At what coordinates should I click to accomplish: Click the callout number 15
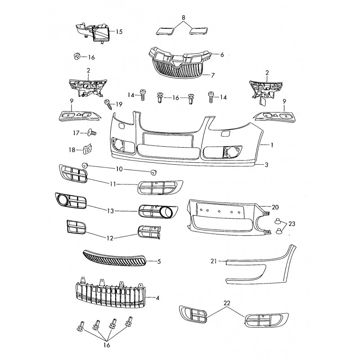coord(119,31)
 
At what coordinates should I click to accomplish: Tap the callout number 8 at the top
coord(183,18)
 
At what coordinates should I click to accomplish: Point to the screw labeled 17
coord(92,132)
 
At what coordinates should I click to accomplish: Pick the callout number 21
coord(214,261)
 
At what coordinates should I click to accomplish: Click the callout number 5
coord(159,261)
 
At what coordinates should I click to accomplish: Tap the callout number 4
coord(157,298)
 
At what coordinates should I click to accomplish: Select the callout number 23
coord(292,223)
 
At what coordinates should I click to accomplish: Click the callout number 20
coord(275,207)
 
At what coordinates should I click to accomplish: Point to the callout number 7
coord(213,75)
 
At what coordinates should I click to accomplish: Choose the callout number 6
coord(222,55)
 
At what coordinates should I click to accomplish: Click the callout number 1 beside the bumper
coord(272,145)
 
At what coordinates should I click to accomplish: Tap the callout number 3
coord(266,165)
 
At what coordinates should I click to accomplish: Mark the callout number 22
coord(227,303)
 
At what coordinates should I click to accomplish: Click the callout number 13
coord(111,211)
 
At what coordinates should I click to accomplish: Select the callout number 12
coord(110,238)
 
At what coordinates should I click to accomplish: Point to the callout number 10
coord(119,169)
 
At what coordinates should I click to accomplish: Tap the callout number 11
coord(113,184)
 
